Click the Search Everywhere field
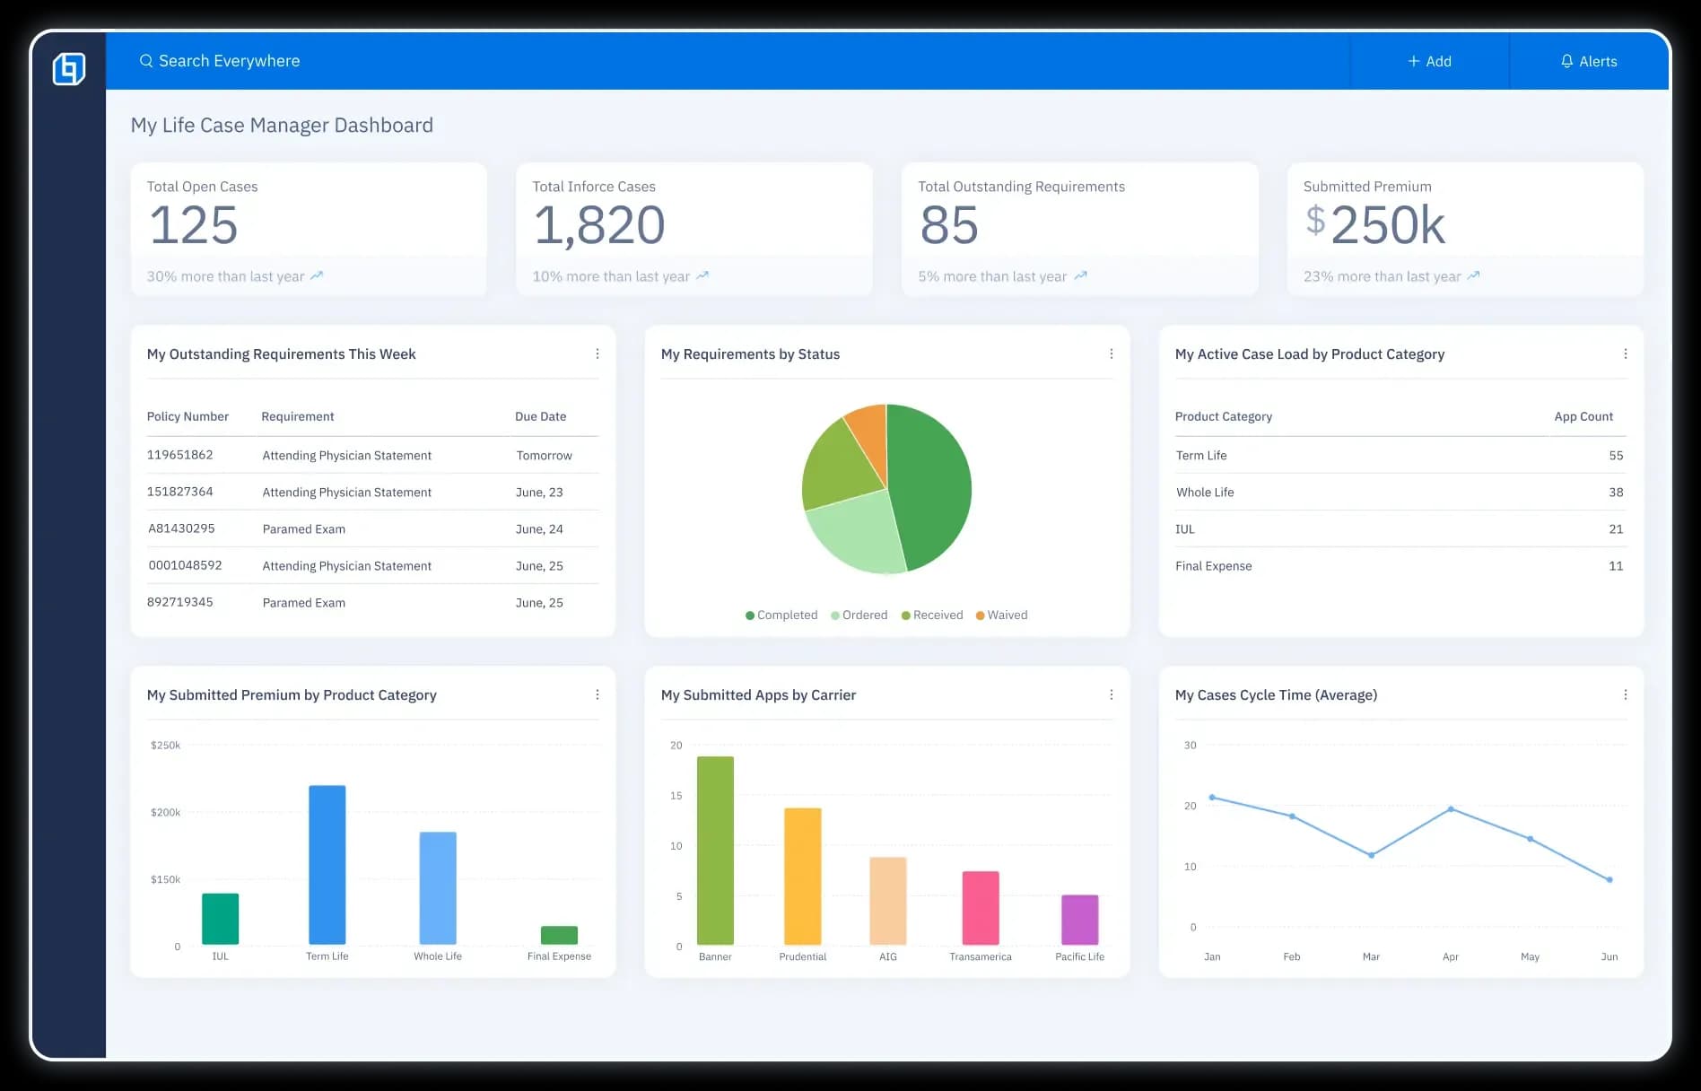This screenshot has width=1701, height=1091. (x=229, y=61)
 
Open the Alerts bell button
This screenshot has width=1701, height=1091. (x=1588, y=61)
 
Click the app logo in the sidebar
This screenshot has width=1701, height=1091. (x=69, y=68)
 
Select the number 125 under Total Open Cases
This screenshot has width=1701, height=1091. (x=194, y=224)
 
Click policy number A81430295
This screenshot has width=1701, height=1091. (x=181, y=528)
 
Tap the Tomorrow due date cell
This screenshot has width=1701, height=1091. (x=544, y=455)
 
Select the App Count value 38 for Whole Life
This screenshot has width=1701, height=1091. (x=1615, y=492)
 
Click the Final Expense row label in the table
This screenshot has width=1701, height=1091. (x=1213, y=565)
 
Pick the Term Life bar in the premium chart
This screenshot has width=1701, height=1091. (x=327, y=864)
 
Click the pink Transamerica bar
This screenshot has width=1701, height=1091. (x=981, y=907)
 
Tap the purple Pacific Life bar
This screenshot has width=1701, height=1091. (x=1079, y=919)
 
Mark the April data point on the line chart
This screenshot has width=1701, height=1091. (x=1451, y=809)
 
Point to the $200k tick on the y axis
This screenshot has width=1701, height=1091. (x=165, y=812)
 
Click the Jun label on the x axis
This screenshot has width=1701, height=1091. (x=1609, y=956)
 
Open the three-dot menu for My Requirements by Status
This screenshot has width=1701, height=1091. (x=1112, y=353)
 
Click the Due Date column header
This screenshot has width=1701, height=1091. (x=540, y=416)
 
